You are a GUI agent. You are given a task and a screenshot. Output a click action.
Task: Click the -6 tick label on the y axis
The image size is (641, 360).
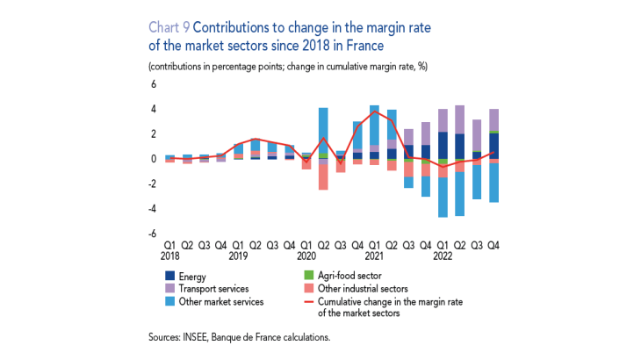[x=151, y=234]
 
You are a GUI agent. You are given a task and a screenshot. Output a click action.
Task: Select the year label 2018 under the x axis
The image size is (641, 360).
[x=170, y=256]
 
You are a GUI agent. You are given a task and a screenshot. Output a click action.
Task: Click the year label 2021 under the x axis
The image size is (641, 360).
[x=375, y=256]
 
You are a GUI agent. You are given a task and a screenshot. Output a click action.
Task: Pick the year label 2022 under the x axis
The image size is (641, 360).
[x=443, y=256]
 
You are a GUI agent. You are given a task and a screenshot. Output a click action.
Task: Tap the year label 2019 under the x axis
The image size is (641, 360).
[x=239, y=256]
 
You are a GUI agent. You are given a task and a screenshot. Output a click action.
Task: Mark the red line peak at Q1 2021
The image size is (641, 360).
[x=375, y=112]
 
